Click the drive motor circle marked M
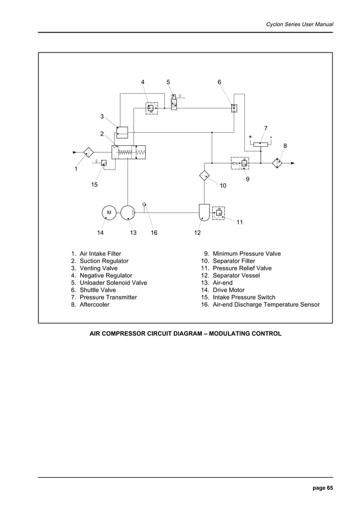(109, 212)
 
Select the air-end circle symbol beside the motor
(128, 212)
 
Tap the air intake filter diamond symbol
(89, 152)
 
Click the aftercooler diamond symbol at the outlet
(278, 163)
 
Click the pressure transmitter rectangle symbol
(261, 145)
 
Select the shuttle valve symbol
(234, 107)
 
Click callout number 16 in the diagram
(153, 233)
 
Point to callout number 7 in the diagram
(266, 128)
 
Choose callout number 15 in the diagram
(94, 185)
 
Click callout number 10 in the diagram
(223, 185)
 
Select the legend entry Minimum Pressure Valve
(246, 254)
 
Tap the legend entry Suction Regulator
(104, 261)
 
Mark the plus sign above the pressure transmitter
(250, 137)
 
